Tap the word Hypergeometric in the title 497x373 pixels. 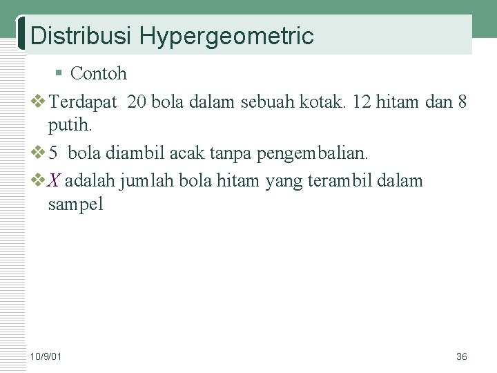pyautogui.click(x=226, y=36)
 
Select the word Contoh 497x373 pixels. pyautogui.click(x=99, y=73)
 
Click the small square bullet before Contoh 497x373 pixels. pyautogui.click(x=60, y=73)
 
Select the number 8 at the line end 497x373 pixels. pyautogui.click(x=462, y=103)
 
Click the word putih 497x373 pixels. pyautogui.click(x=70, y=126)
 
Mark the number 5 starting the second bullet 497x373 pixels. pyautogui.click(x=52, y=151)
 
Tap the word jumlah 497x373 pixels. pyautogui.click(x=147, y=181)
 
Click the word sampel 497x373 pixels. pyautogui.click(x=75, y=204)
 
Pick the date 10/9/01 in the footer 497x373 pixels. pyautogui.click(x=46, y=356)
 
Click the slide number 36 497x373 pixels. pyautogui.click(x=462, y=356)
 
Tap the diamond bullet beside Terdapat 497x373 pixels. pyautogui.click(x=39, y=103)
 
